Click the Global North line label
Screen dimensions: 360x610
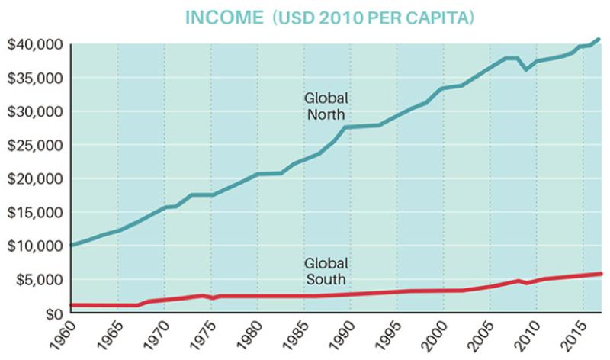tap(326, 107)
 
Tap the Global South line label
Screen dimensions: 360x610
tap(326, 272)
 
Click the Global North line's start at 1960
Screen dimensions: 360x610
tap(71, 245)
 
